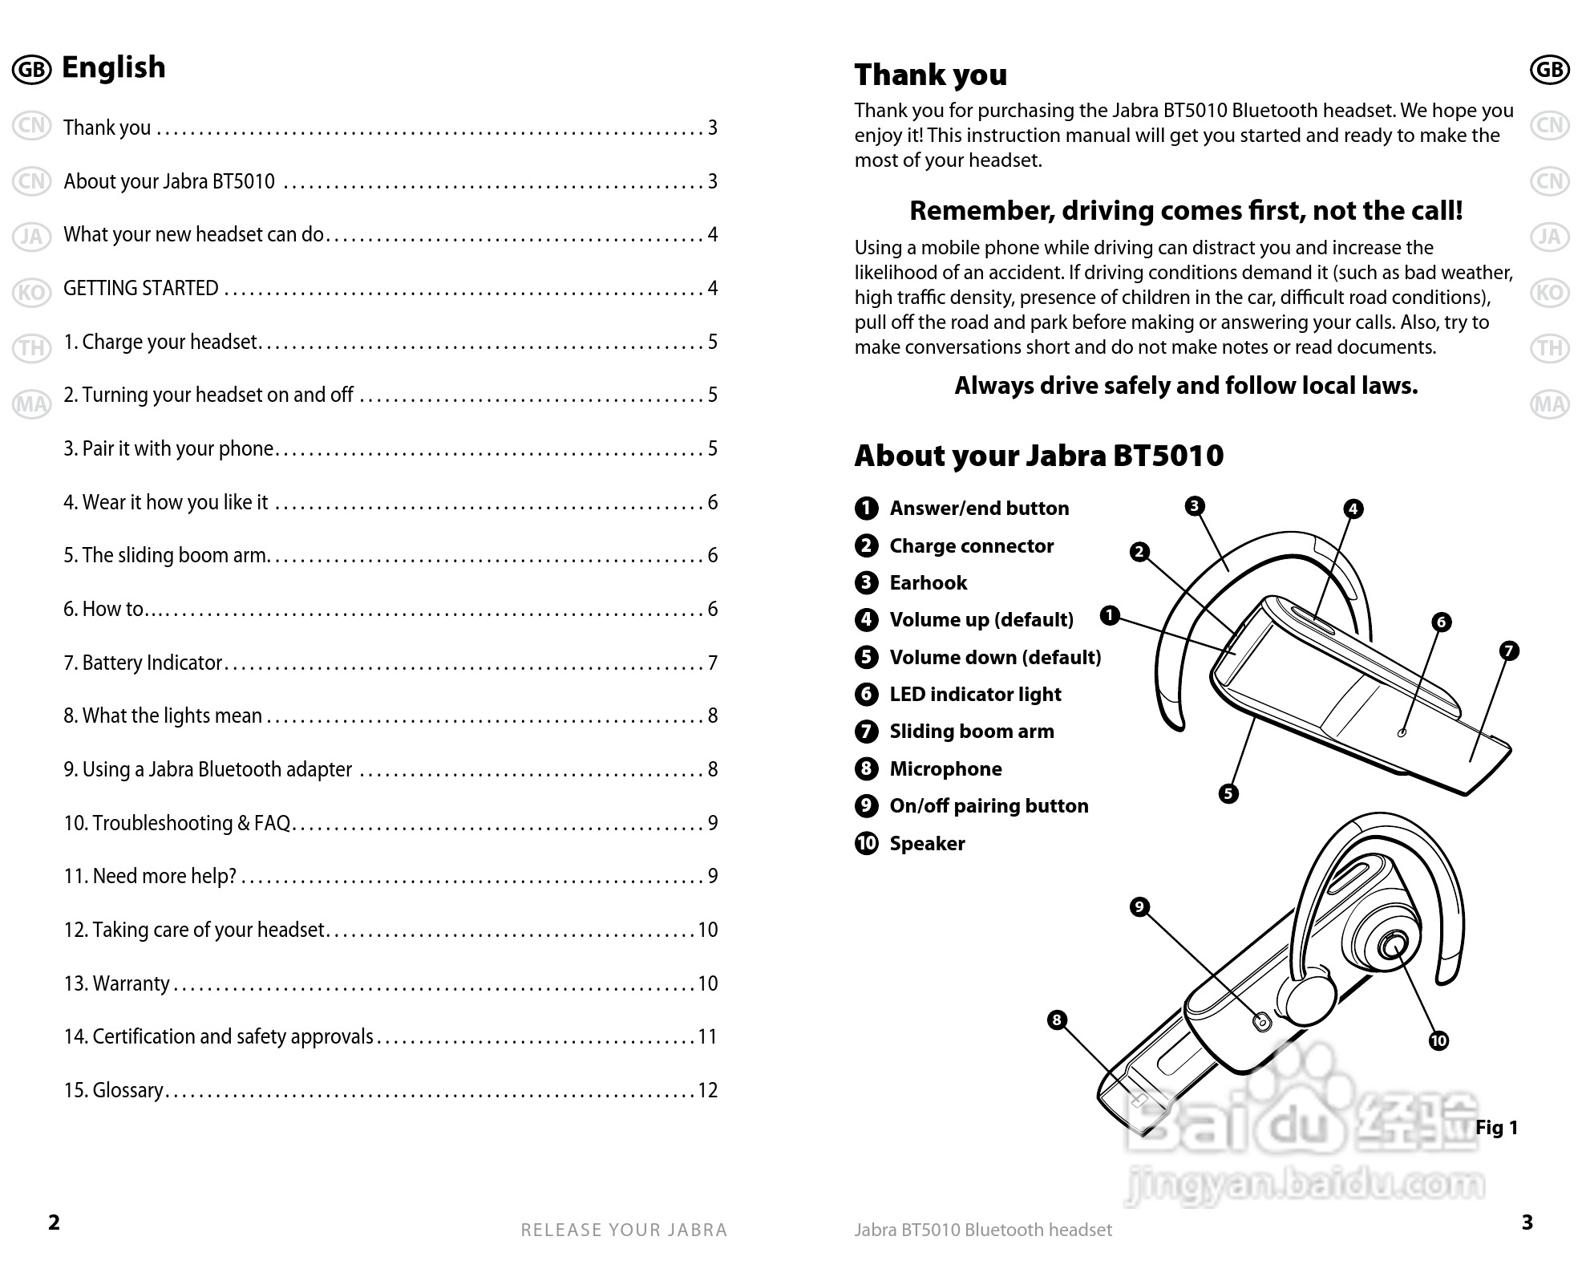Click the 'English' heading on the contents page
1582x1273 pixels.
tap(113, 67)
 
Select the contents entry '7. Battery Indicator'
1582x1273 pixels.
tap(143, 663)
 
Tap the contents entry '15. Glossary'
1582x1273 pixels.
tap(114, 1090)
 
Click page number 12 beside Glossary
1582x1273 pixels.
tap(707, 1090)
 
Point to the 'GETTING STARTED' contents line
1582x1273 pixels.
tap(141, 288)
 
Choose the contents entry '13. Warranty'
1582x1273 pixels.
tap(117, 983)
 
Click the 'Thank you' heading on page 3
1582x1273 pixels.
tap(930, 75)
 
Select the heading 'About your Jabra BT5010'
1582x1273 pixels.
tap(1038, 456)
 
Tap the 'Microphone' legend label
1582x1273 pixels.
tap(945, 768)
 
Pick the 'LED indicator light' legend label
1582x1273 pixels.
tap(975, 694)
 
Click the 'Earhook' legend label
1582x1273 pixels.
tap(928, 582)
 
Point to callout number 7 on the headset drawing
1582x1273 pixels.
tap(1509, 651)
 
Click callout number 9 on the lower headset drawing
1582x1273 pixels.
tap(1139, 907)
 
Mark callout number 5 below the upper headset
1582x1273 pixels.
tap(1228, 794)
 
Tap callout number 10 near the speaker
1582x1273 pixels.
tap(1438, 1041)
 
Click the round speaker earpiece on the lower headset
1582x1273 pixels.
tap(1392, 946)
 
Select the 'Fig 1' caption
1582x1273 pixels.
tap(1496, 1128)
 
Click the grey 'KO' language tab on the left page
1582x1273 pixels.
tap(31, 293)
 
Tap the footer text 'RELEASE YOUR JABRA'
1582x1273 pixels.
tap(624, 1230)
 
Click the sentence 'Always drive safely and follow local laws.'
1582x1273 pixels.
tap(1185, 386)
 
